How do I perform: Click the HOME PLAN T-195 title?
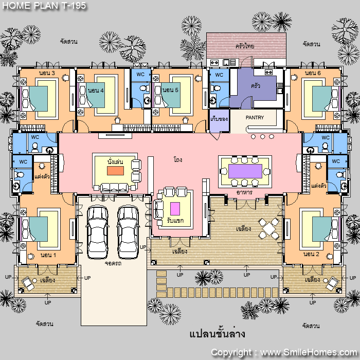44,6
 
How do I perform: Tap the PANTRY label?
255,118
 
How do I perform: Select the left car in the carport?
97,232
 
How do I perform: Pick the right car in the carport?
128,232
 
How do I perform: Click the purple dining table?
245,171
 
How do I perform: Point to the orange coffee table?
115,171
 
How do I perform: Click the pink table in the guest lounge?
175,209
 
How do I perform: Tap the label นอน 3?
47,73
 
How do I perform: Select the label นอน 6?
313,73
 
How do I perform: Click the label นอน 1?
48,255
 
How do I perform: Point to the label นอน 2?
311,254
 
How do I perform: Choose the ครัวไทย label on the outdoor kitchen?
245,46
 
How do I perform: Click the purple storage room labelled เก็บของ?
219,121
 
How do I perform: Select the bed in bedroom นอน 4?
93,95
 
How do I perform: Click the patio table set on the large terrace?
269,229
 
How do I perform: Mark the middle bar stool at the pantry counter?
262,137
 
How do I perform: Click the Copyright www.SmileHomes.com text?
284,352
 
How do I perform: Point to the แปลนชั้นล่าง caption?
217,334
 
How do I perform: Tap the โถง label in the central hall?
178,159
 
